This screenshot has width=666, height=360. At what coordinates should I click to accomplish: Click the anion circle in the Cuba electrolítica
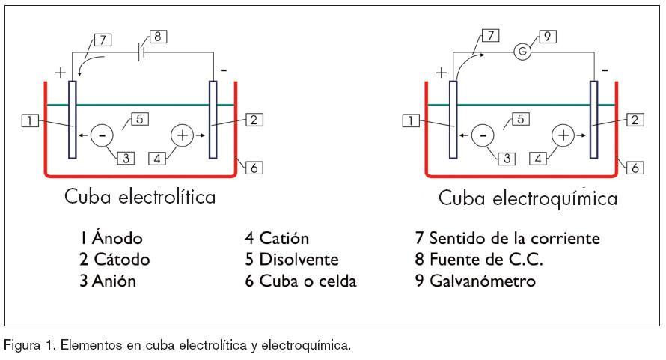tap(102, 135)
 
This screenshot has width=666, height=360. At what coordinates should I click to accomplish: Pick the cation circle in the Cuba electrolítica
tap(183, 135)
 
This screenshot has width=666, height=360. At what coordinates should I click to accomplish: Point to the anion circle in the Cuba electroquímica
tap(483, 135)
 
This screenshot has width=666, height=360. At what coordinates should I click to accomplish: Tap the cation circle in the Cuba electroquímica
tap(563, 135)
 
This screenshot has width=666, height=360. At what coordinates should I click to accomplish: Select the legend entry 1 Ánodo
tap(112, 239)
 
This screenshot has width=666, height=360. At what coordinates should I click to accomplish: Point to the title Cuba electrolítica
tap(141, 198)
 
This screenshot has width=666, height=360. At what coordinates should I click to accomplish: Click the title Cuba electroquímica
tap(528, 198)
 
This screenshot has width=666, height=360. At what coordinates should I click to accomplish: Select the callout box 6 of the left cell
tap(254, 168)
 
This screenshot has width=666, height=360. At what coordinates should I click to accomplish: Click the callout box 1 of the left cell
tap(30, 120)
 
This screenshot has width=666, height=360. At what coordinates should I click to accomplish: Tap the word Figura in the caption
tap(22, 347)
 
